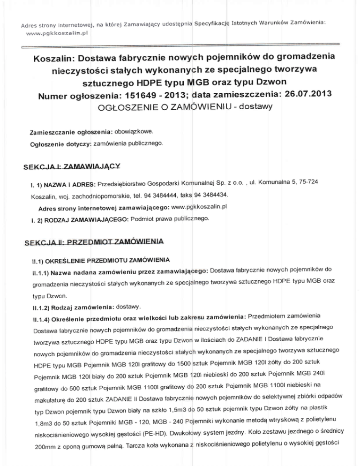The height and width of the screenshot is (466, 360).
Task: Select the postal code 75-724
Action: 323,180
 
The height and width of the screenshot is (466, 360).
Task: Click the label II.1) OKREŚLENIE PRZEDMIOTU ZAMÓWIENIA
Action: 91,259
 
